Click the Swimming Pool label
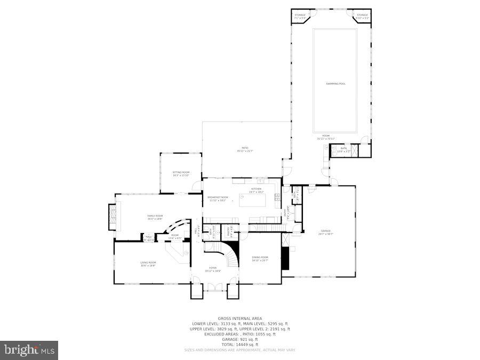coord(335,84)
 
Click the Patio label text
coord(245,149)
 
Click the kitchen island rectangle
coord(252,201)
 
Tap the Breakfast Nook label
coord(218,198)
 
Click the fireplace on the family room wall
coord(112,217)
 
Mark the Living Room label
coord(148,263)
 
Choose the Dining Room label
coord(260,258)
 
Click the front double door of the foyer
coord(215,288)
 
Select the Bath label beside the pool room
coord(343,149)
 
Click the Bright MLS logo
coord(29,350)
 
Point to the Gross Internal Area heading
coord(239,318)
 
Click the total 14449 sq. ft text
coord(239,344)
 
